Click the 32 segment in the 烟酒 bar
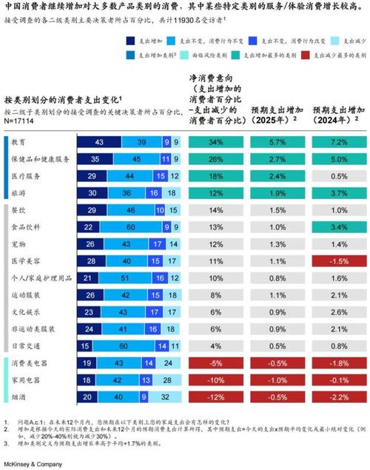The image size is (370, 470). click(167, 397)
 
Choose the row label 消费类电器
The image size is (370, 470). click(30, 363)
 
